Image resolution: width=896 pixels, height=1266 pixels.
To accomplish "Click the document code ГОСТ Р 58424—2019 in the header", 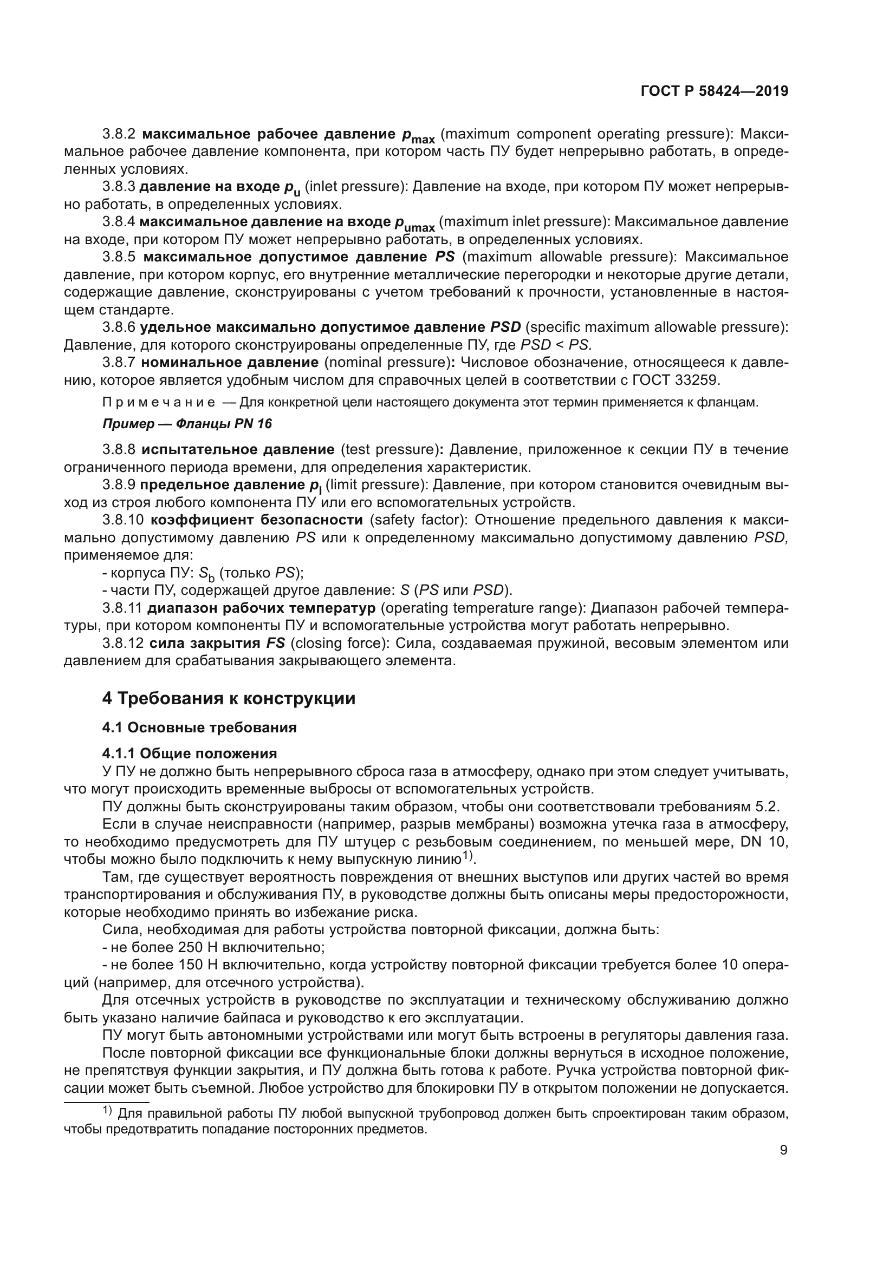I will click(715, 91).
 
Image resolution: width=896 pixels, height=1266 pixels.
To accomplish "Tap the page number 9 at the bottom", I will click(783, 1150).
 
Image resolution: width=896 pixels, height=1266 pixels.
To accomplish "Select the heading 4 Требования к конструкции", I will click(229, 699).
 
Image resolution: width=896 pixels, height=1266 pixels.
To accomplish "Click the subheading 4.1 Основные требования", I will click(199, 727).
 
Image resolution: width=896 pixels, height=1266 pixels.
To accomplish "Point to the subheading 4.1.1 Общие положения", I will click(189, 753).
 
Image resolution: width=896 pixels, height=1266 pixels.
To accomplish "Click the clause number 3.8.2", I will click(119, 134).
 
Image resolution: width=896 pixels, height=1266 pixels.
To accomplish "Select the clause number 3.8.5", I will click(119, 257).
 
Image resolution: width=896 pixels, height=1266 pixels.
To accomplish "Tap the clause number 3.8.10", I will click(122, 520).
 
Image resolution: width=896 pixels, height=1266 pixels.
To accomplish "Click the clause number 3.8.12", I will click(122, 644).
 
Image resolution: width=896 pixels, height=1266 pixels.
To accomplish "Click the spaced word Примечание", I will click(159, 403).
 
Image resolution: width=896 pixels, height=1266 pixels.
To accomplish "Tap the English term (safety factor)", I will click(418, 520).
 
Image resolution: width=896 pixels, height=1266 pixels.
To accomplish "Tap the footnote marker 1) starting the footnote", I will click(108, 1112).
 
